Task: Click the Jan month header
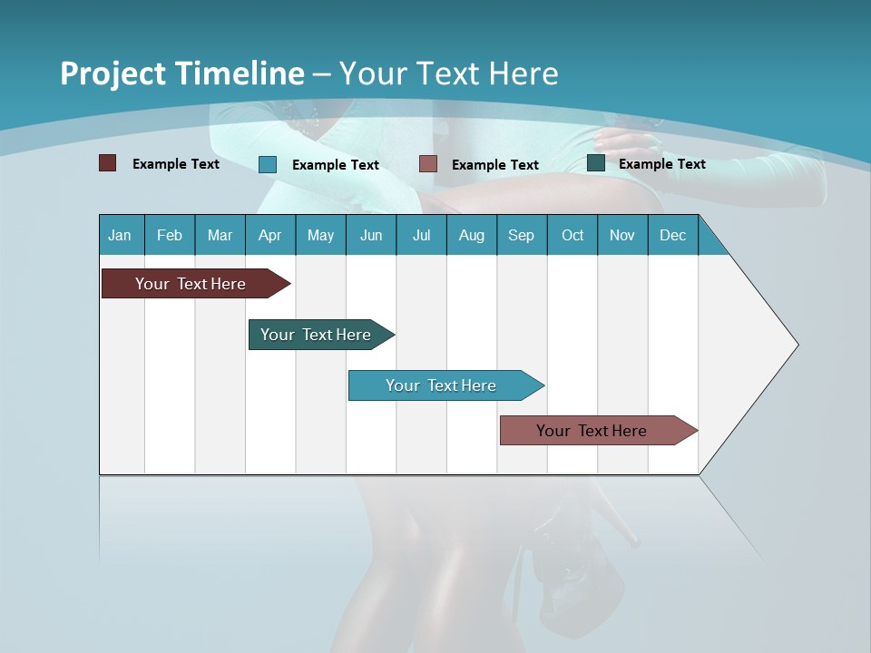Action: click(x=120, y=235)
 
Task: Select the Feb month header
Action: click(x=170, y=235)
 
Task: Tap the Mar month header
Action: click(x=220, y=235)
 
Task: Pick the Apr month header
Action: click(x=269, y=235)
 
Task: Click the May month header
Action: click(x=320, y=235)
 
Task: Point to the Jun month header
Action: click(x=371, y=235)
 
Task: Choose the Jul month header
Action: click(x=421, y=235)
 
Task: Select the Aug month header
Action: click(x=471, y=235)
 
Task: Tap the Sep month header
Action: click(x=521, y=235)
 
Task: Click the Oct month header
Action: click(x=573, y=235)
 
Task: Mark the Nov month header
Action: click(x=622, y=235)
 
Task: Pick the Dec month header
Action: click(x=672, y=235)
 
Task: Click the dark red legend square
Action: click(x=107, y=163)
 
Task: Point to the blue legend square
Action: click(x=268, y=164)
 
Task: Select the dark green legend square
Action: click(x=596, y=163)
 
